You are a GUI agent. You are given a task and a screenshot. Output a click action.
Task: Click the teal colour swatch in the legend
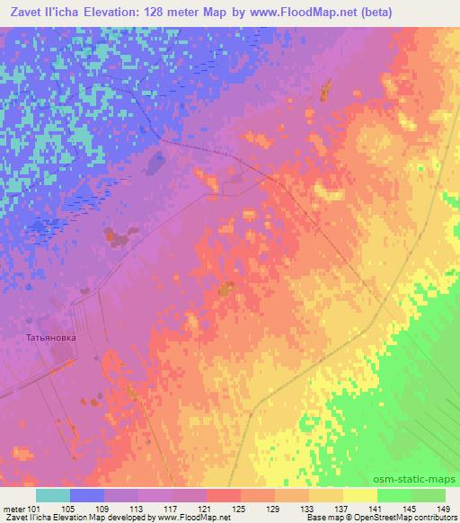tap(53, 495)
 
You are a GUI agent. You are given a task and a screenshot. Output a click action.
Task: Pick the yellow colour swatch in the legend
tap(360, 495)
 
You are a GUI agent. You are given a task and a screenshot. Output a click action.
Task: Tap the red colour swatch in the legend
tap(224, 495)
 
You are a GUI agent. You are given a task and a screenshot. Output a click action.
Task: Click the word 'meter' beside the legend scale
tap(13, 509)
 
